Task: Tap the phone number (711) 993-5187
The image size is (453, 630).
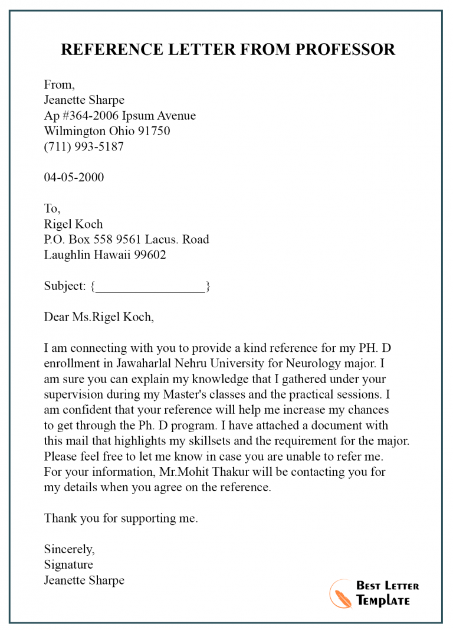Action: [84, 147]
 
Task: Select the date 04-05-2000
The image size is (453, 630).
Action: [74, 177]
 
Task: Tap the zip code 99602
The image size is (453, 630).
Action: [147, 255]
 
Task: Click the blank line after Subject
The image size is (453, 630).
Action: [150, 287]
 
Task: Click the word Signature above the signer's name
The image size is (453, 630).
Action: [68, 564]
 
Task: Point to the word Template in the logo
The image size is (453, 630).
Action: [382, 600]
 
